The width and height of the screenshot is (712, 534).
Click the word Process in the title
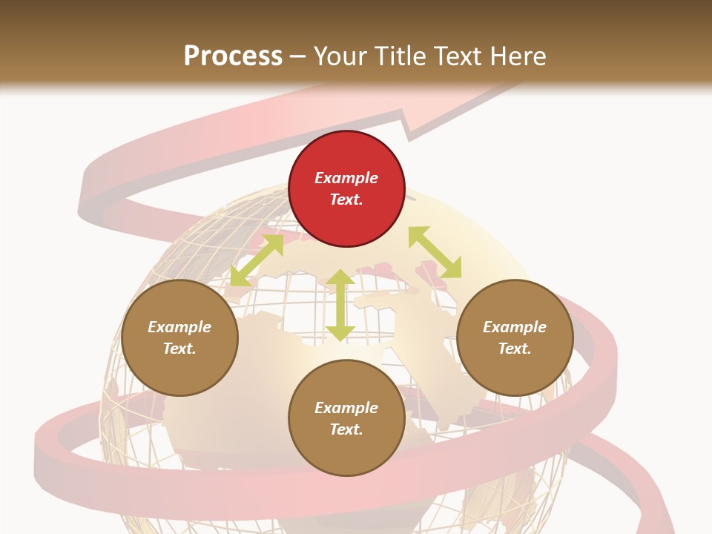pyautogui.click(x=233, y=56)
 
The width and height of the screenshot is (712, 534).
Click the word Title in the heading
pyautogui.click(x=399, y=56)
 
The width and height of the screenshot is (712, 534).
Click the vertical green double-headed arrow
pyautogui.click(x=340, y=305)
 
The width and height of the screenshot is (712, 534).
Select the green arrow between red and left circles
pyautogui.click(x=257, y=260)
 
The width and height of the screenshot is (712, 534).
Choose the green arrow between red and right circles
pyautogui.click(x=435, y=252)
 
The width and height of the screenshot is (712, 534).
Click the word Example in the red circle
pyautogui.click(x=346, y=178)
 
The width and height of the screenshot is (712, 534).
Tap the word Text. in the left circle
pyautogui.click(x=179, y=349)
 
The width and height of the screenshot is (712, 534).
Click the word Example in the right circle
pyautogui.click(x=515, y=327)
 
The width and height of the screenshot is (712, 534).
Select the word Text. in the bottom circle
pyautogui.click(x=346, y=429)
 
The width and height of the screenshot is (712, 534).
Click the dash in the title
pyautogui.click(x=298, y=57)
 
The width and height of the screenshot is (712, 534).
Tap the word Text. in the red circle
pyautogui.click(x=346, y=200)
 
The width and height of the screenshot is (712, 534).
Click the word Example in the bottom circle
pyautogui.click(x=346, y=408)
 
